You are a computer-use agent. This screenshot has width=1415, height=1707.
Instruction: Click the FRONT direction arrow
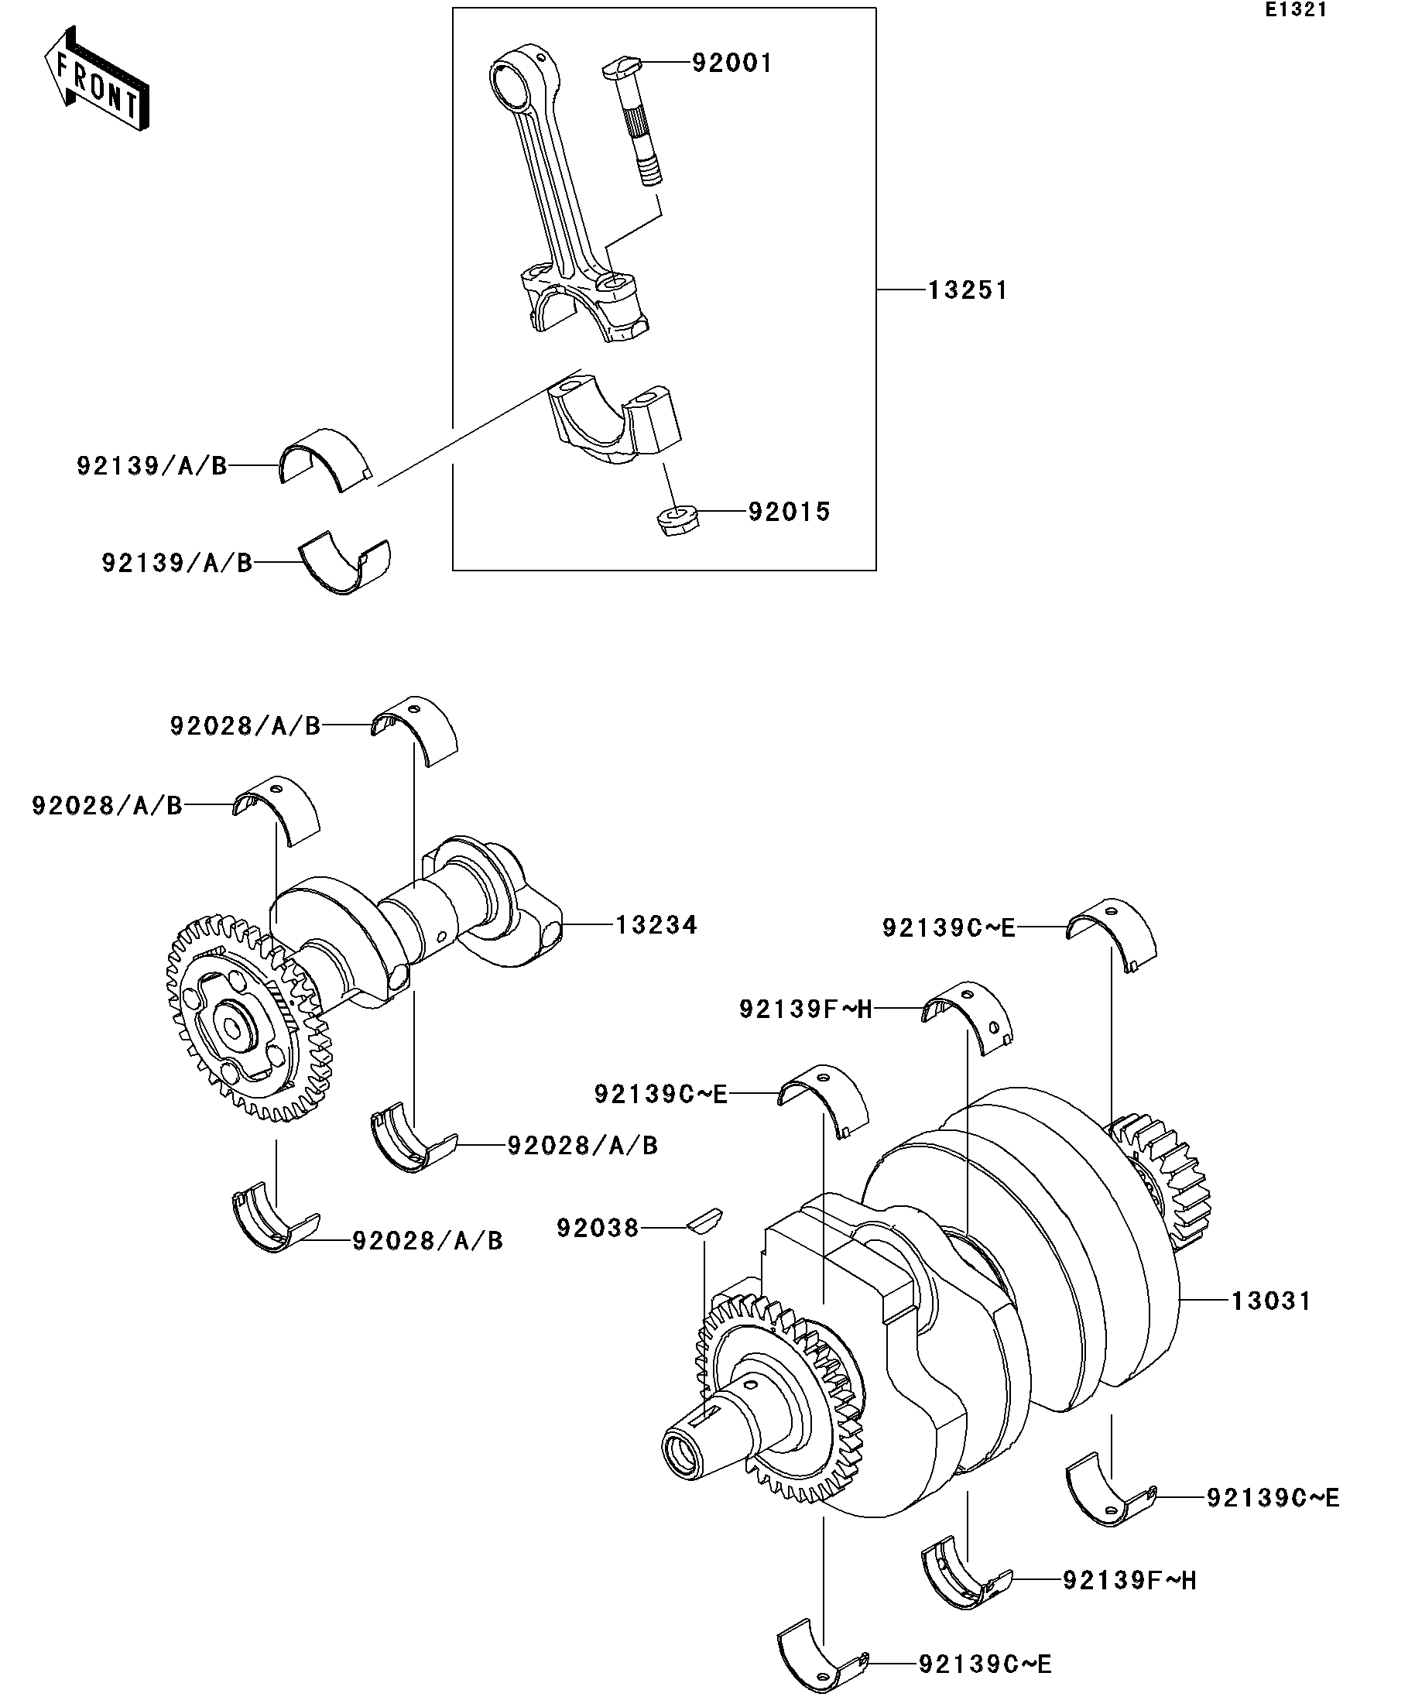coord(96,79)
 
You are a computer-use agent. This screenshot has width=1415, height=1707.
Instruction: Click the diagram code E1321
coord(1295,10)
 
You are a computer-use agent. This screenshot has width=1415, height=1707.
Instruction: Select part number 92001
coord(732,63)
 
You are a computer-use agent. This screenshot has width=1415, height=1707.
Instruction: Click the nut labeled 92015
coord(677,521)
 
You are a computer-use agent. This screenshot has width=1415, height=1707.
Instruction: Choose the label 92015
coord(790,512)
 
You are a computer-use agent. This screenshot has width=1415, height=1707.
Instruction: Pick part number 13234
coord(656,925)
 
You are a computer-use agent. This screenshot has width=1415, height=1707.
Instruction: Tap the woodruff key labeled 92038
coord(703,1221)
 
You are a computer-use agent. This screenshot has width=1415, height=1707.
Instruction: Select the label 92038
coord(598,1228)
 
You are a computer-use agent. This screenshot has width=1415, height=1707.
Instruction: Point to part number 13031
coord(1271,1301)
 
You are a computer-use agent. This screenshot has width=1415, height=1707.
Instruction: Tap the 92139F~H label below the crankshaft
coord(1129,1580)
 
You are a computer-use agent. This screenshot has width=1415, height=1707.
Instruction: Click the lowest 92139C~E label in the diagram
coord(986,1664)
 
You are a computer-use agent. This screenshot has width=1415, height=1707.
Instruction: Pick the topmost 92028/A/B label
coord(245,726)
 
